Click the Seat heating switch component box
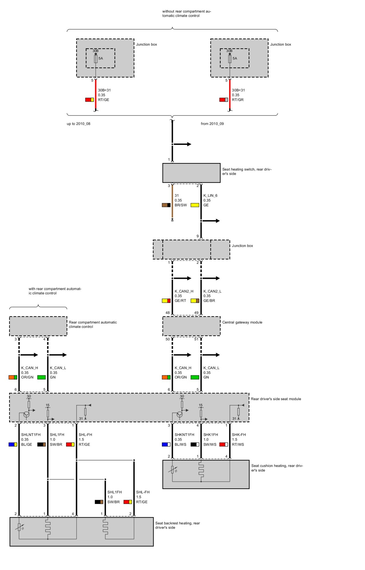coord(191,173)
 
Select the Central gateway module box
coord(191,326)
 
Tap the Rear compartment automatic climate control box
coord(38,326)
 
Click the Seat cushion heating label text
coord(277,468)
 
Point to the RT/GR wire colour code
coord(238,100)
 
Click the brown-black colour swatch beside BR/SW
coord(166,205)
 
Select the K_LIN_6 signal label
coord(210,196)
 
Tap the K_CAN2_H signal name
coord(184,291)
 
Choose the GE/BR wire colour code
coord(209,301)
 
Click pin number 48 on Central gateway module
coord(168,313)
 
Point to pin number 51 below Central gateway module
coord(196,339)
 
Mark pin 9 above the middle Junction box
coord(198,236)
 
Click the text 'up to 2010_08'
coord(78,124)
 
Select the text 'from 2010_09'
coord(212,124)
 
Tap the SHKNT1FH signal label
coord(184,435)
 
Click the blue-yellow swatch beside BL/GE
coord(13,444)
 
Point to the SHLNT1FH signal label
coord(31,435)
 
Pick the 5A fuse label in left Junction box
coord(101,58)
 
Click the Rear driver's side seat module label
coord(276,399)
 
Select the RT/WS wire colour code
coord(238,444)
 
